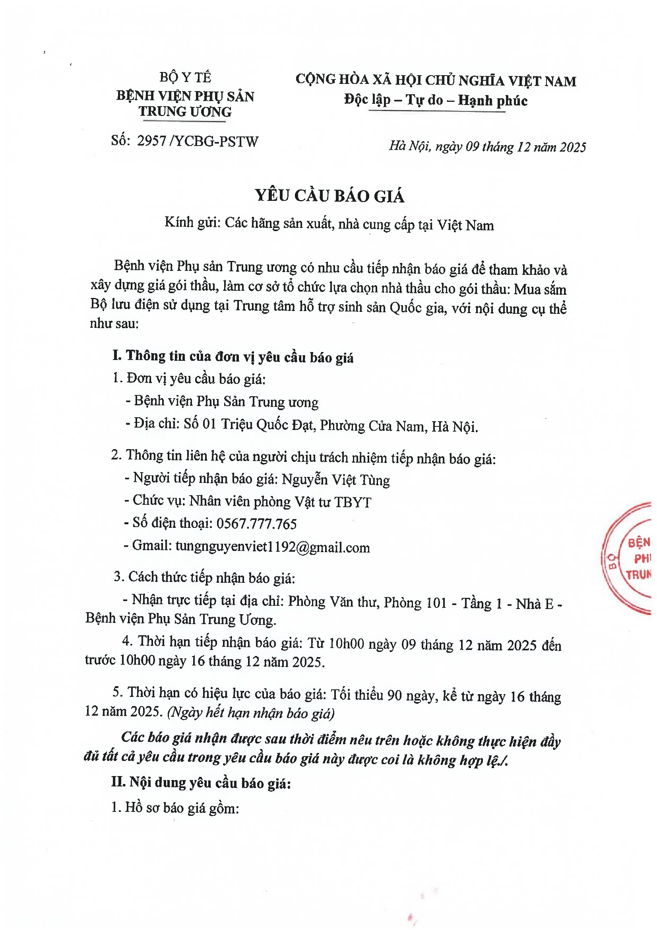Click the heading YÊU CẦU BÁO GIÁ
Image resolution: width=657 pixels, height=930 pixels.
329,196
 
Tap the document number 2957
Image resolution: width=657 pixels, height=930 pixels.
152,141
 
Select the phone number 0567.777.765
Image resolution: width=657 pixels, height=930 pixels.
256,524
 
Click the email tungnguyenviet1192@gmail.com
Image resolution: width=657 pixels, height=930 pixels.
272,547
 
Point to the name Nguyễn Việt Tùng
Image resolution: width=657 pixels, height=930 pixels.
335,480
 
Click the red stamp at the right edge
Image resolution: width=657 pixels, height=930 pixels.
630,559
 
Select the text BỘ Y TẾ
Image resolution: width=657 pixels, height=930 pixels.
185,77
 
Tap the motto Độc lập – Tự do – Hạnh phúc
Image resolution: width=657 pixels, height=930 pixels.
436,100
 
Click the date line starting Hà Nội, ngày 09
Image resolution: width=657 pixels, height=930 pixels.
487,147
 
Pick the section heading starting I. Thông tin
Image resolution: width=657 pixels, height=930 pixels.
233,356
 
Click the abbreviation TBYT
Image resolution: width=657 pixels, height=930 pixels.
352,502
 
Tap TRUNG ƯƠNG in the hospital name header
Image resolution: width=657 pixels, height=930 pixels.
185,112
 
